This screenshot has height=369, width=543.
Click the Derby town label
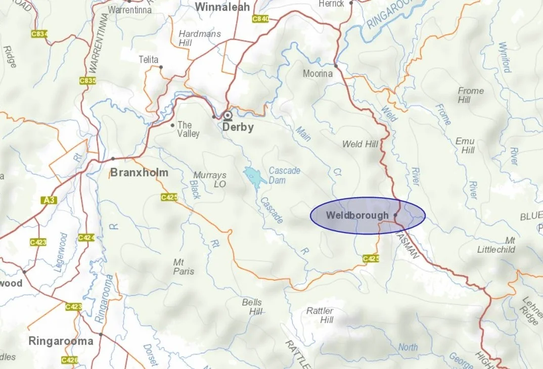pyautogui.click(x=238, y=127)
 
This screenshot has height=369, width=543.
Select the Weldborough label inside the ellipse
pyautogui.click(x=357, y=215)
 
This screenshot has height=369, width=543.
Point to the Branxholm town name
pyautogui.click(x=139, y=173)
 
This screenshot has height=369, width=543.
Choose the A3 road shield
pyautogui.click(x=48, y=201)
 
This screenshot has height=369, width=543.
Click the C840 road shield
pyautogui.click(x=260, y=19)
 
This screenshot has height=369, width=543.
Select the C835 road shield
pyautogui.click(x=87, y=80)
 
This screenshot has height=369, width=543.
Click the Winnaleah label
pyautogui.click(x=222, y=7)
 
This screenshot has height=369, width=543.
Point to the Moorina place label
pyautogui.click(x=318, y=74)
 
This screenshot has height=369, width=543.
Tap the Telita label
pyautogui.click(x=148, y=60)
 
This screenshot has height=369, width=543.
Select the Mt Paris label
pyautogui.click(x=184, y=267)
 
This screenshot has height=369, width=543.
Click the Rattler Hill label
pyautogui.click(x=320, y=315)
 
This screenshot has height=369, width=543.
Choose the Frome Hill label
pyautogui.click(x=470, y=95)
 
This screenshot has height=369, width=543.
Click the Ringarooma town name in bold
pyautogui.click(x=61, y=341)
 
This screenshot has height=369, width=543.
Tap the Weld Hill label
pyautogui.click(x=360, y=144)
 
